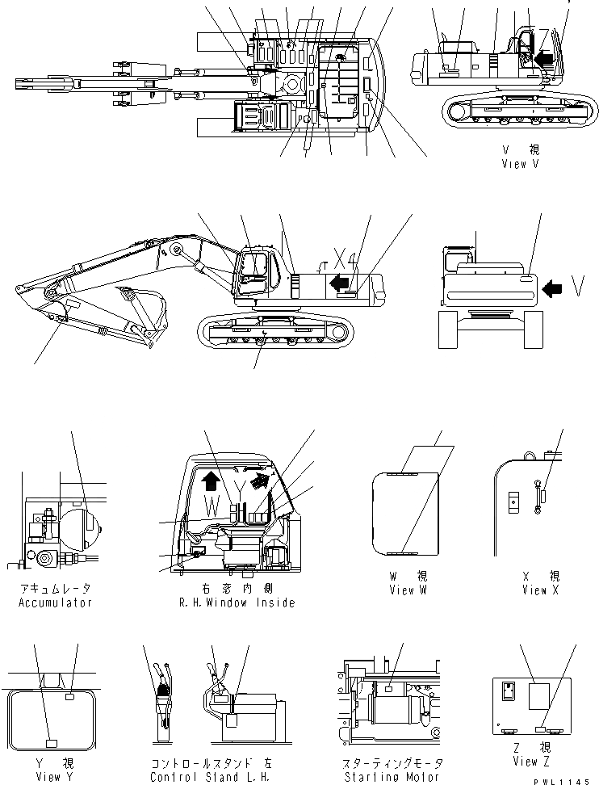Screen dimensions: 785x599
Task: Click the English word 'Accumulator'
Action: tap(55, 602)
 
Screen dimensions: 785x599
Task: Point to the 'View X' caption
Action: tap(534, 590)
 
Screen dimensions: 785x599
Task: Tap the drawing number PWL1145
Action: tap(568, 776)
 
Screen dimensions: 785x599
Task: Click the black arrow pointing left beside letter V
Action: tap(553, 287)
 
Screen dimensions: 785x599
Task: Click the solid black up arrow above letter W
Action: tap(211, 482)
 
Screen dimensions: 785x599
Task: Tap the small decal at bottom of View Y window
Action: tap(50, 741)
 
